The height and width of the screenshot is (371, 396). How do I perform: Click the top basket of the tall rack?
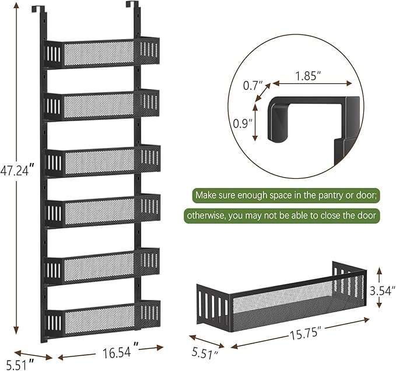pyautogui.click(x=102, y=54)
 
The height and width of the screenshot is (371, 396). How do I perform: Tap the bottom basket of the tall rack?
pyautogui.click(x=102, y=319)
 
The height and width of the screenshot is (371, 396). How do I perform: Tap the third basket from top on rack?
pyautogui.click(x=102, y=161)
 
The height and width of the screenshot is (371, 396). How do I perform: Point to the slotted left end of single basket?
pyautogui.click(x=213, y=306)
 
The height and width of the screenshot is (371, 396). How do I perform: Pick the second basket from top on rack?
pyautogui.click(x=102, y=106)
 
